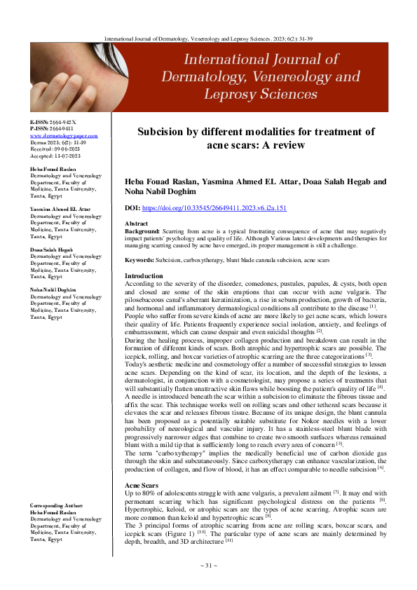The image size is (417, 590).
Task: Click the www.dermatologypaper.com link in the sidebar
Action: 64,135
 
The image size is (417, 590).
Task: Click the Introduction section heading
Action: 143,276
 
